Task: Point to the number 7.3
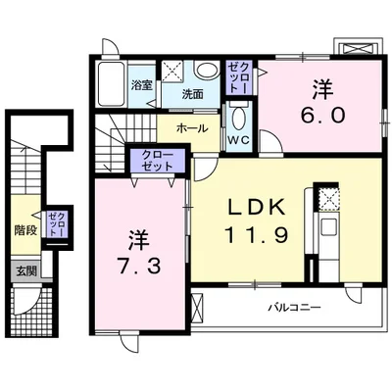click(136, 265)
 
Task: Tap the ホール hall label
click(192, 128)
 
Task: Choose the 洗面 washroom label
click(192, 94)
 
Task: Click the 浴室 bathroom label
click(142, 86)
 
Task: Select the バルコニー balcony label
click(296, 308)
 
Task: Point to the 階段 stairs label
click(25, 231)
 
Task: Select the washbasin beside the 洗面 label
click(207, 72)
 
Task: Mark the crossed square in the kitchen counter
click(329, 200)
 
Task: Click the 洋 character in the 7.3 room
click(136, 238)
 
